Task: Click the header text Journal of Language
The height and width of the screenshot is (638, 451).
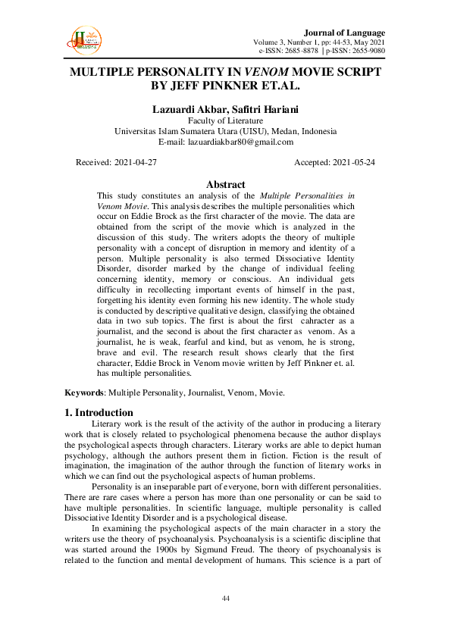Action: [x=344, y=33]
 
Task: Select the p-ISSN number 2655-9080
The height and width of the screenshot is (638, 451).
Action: [x=365, y=52]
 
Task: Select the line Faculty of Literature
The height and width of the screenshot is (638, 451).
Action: [x=225, y=120]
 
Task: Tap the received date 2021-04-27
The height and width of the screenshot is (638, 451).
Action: [x=135, y=163]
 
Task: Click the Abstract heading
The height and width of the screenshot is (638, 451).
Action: [x=225, y=184]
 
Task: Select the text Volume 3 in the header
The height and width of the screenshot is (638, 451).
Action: [x=271, y=42]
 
